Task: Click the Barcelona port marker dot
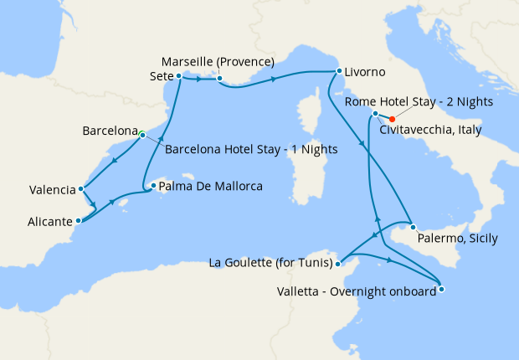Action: point(142,134)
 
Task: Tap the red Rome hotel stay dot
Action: point(392,119)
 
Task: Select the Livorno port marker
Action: point(338,71)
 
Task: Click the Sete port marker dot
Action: point(179,75)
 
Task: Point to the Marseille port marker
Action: point(218,80)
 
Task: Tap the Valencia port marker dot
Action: point(80,189)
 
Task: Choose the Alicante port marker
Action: point(78,221)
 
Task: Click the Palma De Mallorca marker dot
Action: point(152,187)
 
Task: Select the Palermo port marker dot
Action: point(413,227)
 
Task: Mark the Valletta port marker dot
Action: point(441,290)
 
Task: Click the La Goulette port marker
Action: point(337,264)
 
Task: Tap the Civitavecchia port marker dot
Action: point(375,113)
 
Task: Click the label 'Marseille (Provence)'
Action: point(218,62)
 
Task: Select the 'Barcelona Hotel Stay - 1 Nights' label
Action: point(251,151)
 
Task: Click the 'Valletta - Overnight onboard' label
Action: point(357,291)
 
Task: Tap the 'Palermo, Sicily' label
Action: point(456,239)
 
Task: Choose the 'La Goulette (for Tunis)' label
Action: point(269,264)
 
